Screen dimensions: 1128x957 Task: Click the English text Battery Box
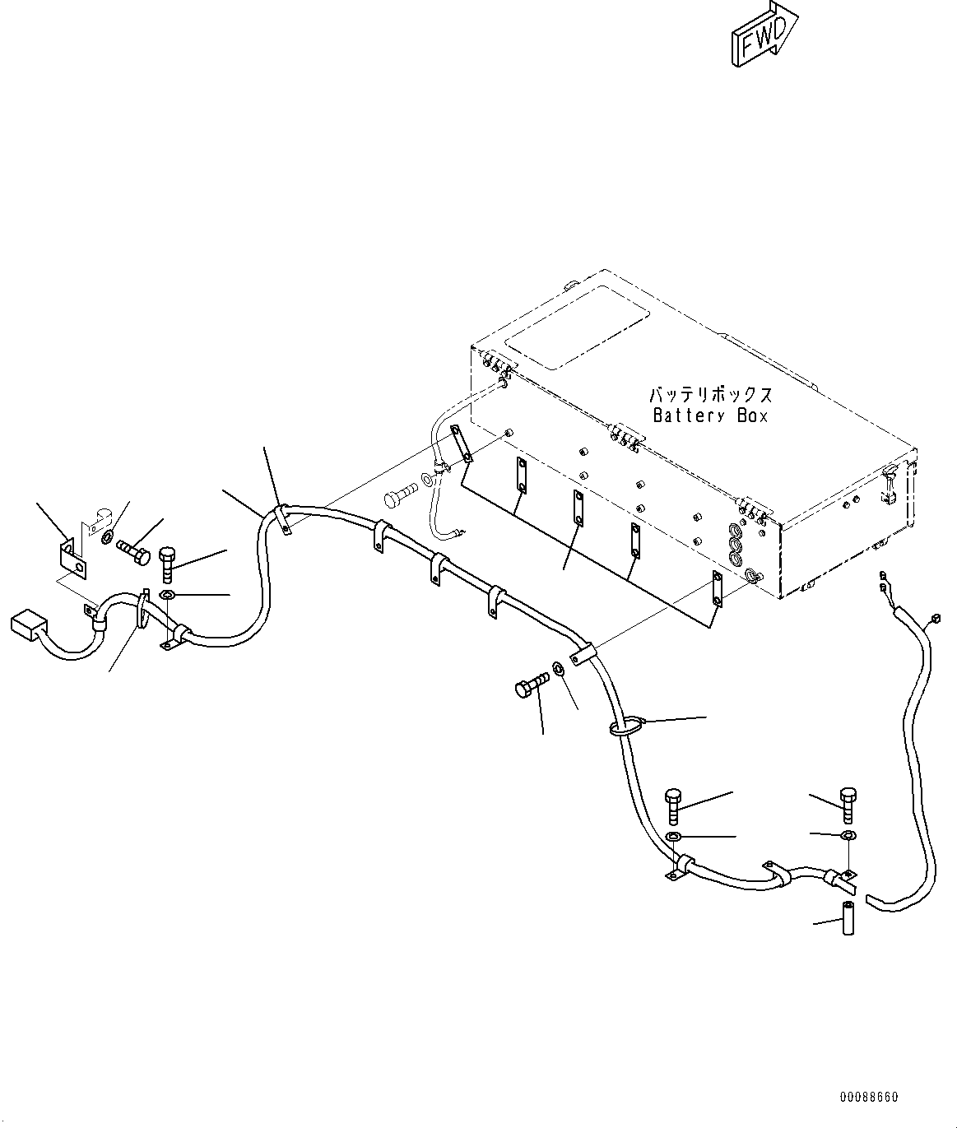click(710, 415)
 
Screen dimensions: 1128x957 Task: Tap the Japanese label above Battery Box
click(710, 395)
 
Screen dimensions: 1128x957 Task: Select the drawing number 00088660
click(869, 1097)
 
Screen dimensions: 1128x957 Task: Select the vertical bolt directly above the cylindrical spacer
click(848, 804)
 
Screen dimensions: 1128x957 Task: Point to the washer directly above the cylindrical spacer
click(848, 837)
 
